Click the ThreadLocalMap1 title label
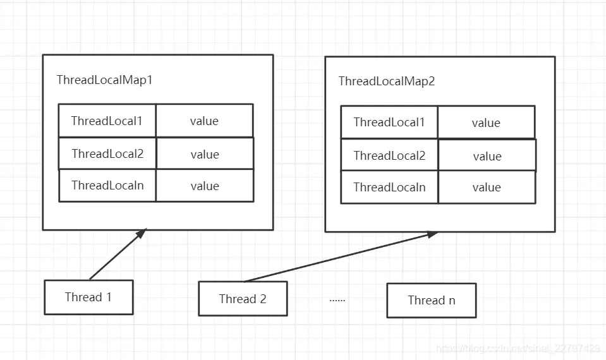pyautogui.click(x=105, y=80)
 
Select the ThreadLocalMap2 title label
pyautogui.click(x=387, y=81)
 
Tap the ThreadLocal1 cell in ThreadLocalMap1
pyautogui.click(x=107, y=121)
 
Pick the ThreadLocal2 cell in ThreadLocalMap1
pyautogui.click(x=107, y=154)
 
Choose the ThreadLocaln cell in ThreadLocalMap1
pyautogui.click(x=107, y=186)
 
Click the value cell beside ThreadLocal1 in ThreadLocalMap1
pyautogui.click(x=204, y=121)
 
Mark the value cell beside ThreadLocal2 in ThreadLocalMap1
pyautogui.click(x=205, y=154)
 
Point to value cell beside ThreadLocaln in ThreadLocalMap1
pyautogui.click(x=205, y=186)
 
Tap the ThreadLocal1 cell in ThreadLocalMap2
pyautogui.click(x=389, y=123)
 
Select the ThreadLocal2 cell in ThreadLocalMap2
pyautogui.click(x=389, y=156)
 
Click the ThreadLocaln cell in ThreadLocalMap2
pyautogui.click(x=389, y=188)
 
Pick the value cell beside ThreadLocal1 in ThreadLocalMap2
pyautogui.click(x=486, y=123)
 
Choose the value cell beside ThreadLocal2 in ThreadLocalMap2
pyautogui.click(x=487, y=156)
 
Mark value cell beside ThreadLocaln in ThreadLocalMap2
pyautogui.click(x=487, y=188)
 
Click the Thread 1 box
pyautogui.click(x=88, y=297)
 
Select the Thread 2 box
pyautogui.click(x=243, y=299)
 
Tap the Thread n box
pyautogui.click(x=431, y=301)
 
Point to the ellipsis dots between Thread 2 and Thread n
pyautogui.click(x=337, y=299)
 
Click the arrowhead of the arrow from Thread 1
pyautogui.click(x=142, y=233)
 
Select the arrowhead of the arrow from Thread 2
pyautogui.click(x=432, y=234)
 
